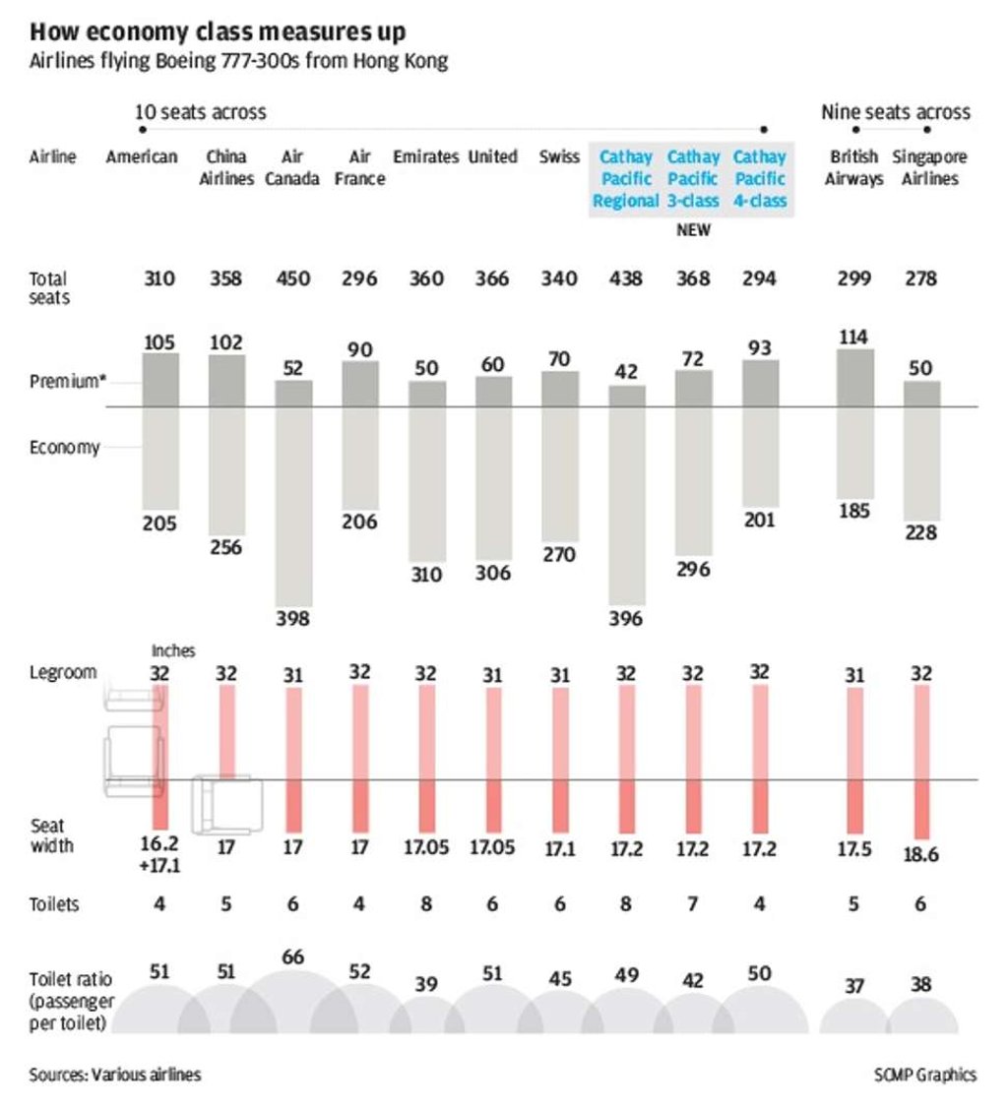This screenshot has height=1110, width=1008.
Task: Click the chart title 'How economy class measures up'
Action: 217,32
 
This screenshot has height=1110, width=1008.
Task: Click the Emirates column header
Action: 425,157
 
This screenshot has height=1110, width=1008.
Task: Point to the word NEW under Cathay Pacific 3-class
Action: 693,230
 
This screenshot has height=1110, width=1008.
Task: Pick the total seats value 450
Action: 293,278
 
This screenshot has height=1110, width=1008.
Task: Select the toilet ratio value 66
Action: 293,956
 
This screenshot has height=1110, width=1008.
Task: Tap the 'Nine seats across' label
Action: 895,111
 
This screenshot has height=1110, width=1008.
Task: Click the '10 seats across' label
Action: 200,111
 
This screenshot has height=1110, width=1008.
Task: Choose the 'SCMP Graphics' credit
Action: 924,1075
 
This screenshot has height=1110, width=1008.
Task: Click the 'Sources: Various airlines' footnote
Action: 115,1075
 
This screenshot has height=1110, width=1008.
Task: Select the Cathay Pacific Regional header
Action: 626,178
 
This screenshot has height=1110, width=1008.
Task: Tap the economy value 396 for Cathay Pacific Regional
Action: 626,618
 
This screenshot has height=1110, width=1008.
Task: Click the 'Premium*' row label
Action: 67,381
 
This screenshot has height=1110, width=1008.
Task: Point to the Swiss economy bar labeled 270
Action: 559,473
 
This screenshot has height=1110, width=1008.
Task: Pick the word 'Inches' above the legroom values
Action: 173,650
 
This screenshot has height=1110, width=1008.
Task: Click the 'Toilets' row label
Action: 54,904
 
